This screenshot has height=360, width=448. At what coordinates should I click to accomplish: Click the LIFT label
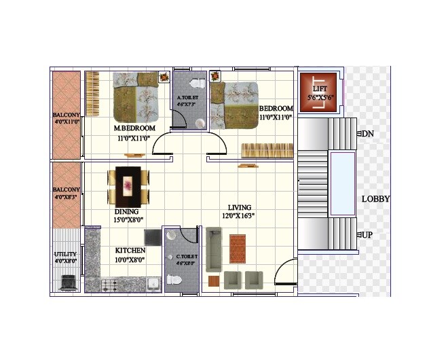(x=320, y=89)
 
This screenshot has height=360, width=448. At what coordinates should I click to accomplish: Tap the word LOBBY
(x=375, y=199)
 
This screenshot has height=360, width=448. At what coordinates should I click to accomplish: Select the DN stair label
(x=368, y=134)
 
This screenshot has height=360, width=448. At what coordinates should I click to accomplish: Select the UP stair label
(x=367, y=234)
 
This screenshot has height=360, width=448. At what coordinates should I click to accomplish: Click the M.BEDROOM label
(x=134, y=128)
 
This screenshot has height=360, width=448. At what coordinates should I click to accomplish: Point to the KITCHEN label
(x=130, y=251)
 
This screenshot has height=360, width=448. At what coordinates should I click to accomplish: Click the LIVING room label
(x=240, y=207)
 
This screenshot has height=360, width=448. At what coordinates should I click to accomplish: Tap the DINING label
(x=126, y=211)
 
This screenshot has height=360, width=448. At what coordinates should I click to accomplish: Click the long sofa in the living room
(x=214, y=249)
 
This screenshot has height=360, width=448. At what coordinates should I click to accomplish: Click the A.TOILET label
(x=187, y=97)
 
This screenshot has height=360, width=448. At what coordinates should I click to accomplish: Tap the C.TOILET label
(x=187, y=257)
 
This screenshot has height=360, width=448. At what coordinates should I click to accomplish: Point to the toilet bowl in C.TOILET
(x=172, y=278)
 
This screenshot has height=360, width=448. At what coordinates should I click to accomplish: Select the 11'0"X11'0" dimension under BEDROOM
(x=276, y=117)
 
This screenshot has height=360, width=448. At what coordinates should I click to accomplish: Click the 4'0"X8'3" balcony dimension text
(x=67, y=198)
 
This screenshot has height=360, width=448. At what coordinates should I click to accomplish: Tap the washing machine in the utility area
(x=68, y=283)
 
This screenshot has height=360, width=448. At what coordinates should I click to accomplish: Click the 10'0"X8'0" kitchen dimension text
(x=130, y=259)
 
